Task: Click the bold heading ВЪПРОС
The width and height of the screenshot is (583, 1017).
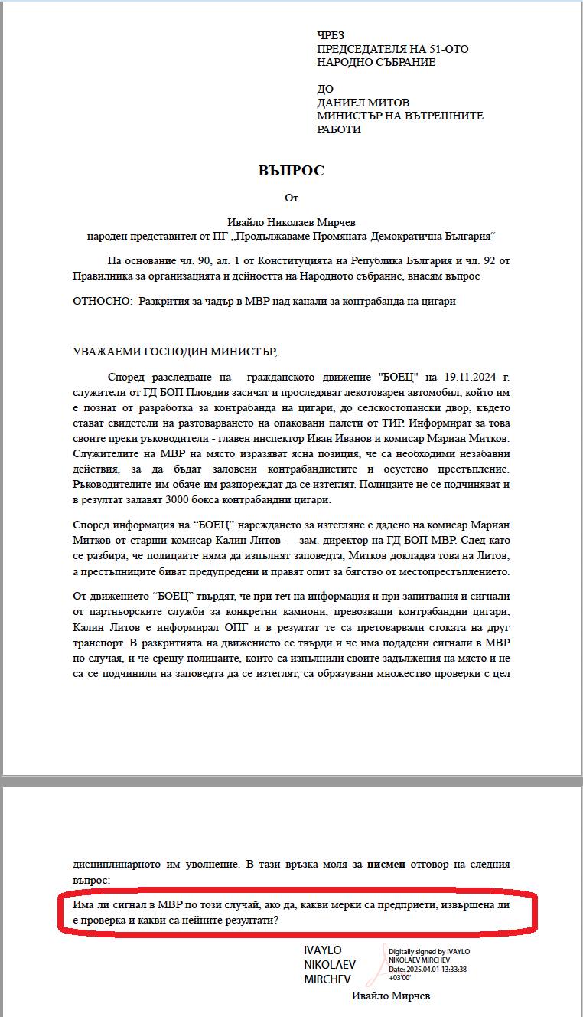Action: click(291, 170)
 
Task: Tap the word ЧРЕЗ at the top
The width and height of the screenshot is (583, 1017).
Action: click(331, 35)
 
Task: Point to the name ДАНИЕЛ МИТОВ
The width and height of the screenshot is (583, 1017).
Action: click(363, 103)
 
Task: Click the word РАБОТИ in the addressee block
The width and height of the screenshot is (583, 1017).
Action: click(339, 129)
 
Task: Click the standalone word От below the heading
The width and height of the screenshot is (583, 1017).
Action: click(291, 198)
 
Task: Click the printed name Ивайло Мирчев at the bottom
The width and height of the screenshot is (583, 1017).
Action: click(391, 996)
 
